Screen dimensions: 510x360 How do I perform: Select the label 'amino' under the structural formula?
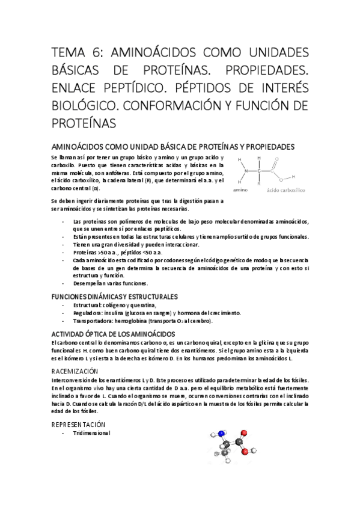(x=240, y=189)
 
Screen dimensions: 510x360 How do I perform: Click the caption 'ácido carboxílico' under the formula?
(x=285, y=189)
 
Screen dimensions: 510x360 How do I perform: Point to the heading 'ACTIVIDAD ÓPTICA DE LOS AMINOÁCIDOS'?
(x=113, y=333)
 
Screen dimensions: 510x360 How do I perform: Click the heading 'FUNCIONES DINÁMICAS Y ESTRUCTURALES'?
(x=114, y=297)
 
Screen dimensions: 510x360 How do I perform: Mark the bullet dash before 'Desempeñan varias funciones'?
(x=65, y=283)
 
